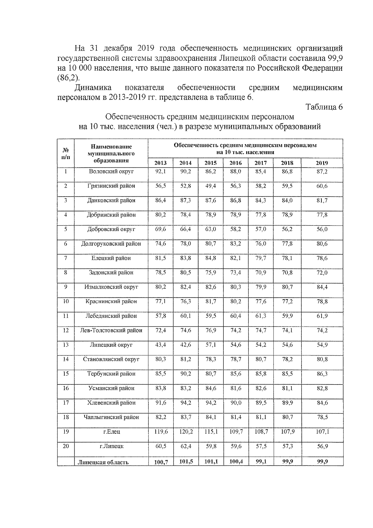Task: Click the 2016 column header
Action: coord(236,163)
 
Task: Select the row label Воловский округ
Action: coord(111,171)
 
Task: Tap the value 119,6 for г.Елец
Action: coord(161,432)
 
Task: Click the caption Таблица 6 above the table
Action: coord(324,107)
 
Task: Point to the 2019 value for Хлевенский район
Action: coord(322,403)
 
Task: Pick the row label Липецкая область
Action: coord(103,462)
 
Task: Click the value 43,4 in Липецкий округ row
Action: coord(161,345)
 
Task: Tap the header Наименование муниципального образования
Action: coord(111,153)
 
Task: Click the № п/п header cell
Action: coord(66,153)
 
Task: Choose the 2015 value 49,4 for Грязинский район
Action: coord(211,186)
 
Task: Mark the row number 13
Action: coord(66,345)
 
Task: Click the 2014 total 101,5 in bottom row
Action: coord(186,462)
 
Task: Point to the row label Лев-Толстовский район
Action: coord(111,330)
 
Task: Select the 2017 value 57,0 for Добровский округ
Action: coord(261,229)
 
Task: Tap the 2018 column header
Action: coord(287,163)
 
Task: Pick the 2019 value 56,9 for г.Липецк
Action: coord(322,446)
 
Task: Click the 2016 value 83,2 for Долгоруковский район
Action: coord(236,244)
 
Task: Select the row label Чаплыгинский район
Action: coord(111,417)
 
